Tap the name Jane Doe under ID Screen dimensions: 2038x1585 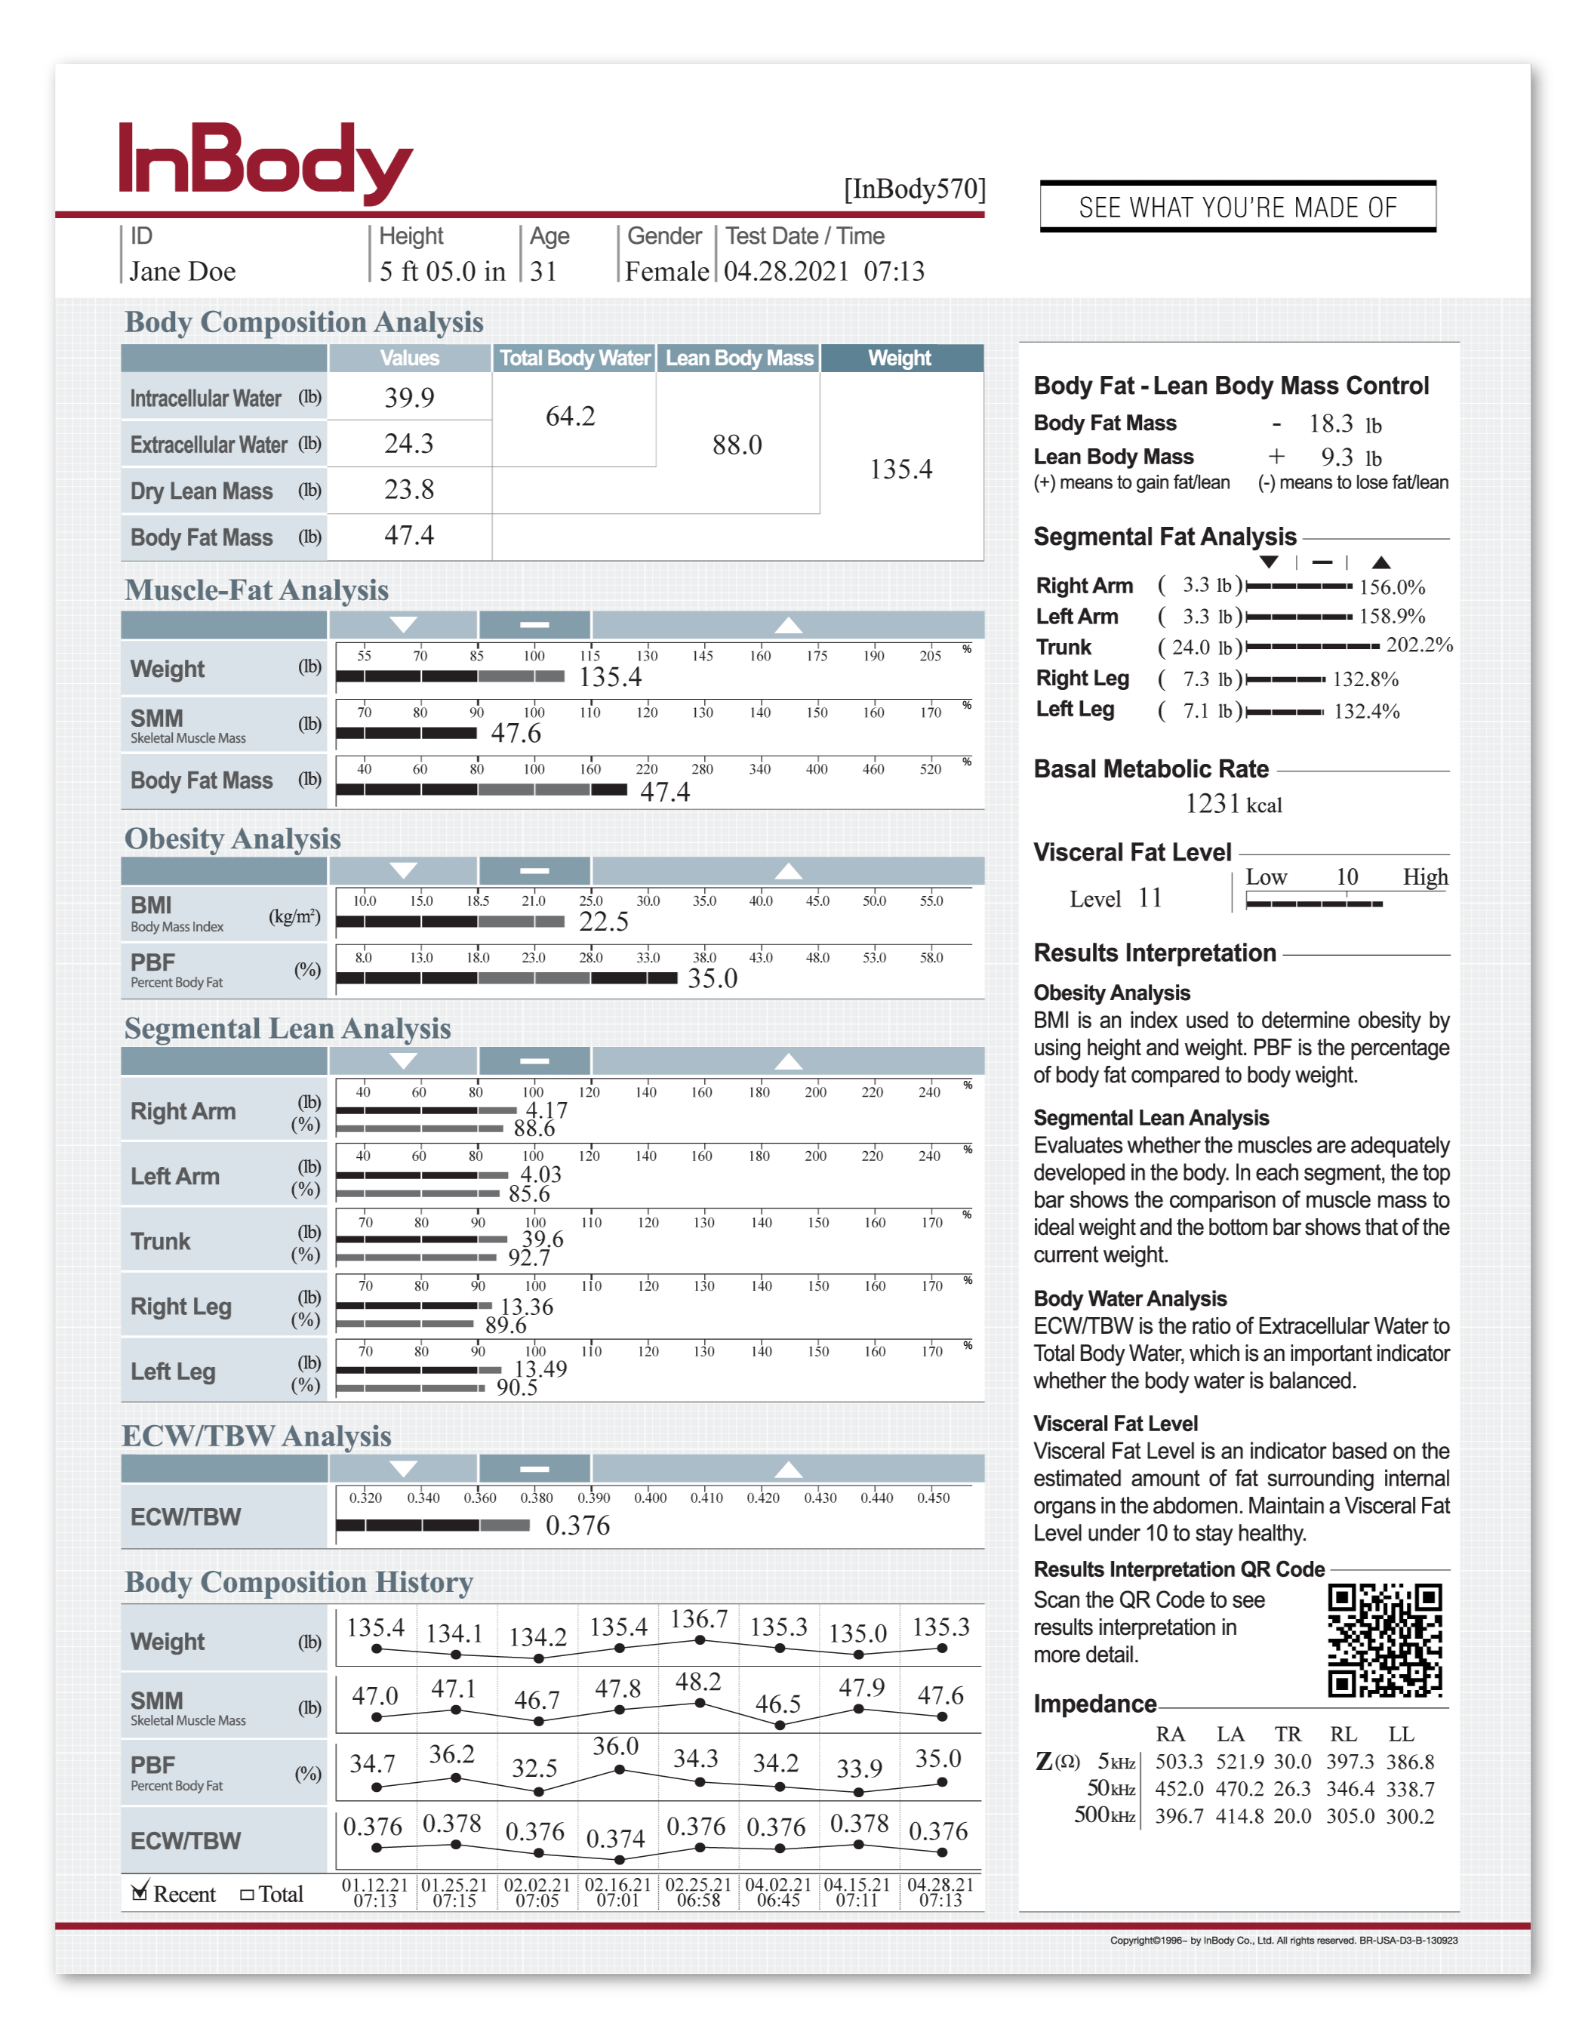183,272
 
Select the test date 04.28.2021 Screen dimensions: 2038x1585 786,272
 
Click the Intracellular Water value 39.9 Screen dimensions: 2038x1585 410,399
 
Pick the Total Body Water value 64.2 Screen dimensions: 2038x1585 570,416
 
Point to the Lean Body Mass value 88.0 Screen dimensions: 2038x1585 737,445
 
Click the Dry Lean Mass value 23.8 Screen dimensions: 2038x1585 410,490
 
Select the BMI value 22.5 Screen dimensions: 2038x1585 604,922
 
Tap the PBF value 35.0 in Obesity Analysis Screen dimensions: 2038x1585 712,979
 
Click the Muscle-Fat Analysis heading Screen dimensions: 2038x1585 257,591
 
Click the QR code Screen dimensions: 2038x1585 1384,1639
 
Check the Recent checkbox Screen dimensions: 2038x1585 140,1892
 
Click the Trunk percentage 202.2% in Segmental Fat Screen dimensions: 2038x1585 1419,645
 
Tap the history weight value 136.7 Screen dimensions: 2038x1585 699,1620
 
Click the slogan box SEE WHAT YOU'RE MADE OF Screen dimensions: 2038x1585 1237,207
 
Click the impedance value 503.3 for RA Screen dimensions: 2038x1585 1179,1762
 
